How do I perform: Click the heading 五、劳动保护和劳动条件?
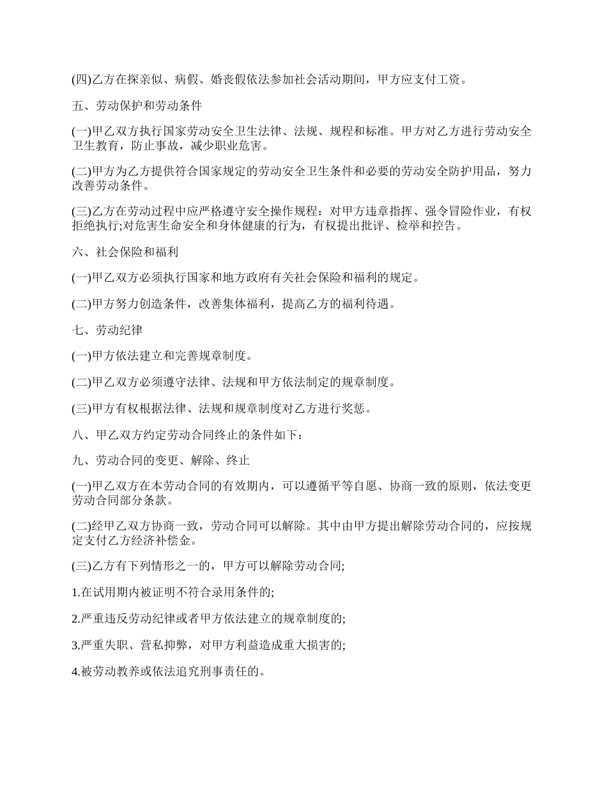[x=137, y=105]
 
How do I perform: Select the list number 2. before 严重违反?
[x=75, y=619]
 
